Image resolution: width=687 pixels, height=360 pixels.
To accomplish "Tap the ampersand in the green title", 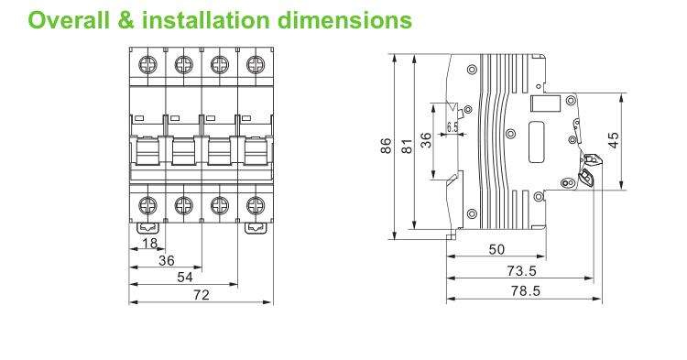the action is (126, 20).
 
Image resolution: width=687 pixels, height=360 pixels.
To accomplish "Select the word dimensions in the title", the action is (344, 20).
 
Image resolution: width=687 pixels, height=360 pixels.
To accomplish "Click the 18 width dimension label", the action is (150, 243).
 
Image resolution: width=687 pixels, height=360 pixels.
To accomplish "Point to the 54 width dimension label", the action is (185, 278).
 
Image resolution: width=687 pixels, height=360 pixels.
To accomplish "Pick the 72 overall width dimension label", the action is (202, 295).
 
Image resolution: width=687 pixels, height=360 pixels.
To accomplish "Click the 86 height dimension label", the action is (386, 146).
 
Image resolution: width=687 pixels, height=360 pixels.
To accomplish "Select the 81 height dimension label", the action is (407, 147).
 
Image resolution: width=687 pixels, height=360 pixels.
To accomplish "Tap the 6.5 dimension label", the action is (453, 127).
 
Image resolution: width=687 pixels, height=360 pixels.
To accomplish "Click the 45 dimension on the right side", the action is (615, 140).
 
